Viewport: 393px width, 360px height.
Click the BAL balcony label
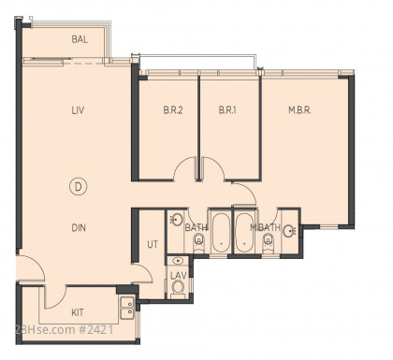click(80, 39)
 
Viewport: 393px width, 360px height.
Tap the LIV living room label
click(78, 110)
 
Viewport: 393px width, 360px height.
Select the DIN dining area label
click(79, 228)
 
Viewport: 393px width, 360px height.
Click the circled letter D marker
click(78, 186)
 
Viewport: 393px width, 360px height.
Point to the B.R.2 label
click(173, 110)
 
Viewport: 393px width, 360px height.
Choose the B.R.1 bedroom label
click(227, 110)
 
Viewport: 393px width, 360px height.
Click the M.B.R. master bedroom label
click(299, 110)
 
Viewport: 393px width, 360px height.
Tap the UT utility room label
click(153, 244)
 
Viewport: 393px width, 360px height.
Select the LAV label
click(179, 276)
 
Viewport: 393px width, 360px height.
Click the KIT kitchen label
click(78, 312)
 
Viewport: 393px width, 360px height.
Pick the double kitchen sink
click(127, 308)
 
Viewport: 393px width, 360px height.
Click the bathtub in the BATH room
click(221, 232)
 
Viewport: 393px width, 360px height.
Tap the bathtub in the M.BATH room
click(244, 232)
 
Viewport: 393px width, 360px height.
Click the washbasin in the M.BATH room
click(290, 231)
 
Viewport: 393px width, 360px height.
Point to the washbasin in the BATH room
click(177, 220)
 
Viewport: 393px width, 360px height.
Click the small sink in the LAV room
click(178, 261)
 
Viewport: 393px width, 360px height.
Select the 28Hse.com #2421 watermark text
click(65, 330)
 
